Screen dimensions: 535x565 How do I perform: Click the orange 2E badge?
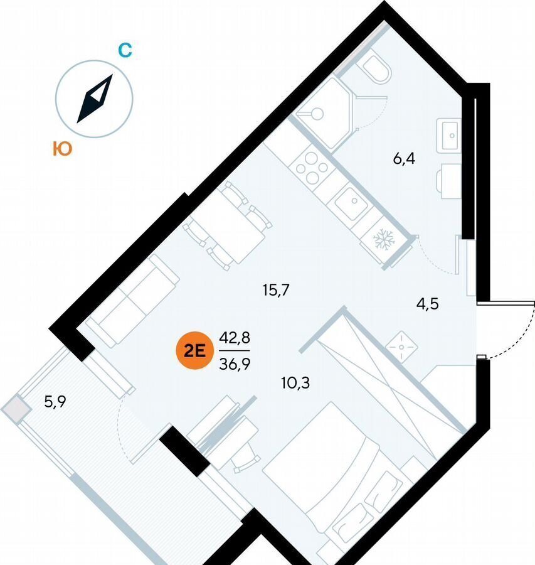(195, 350)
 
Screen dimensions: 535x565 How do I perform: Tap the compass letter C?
(125, 50)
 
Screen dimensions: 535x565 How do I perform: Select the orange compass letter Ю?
(62, 148)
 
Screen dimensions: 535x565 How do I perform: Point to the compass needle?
(95, 99)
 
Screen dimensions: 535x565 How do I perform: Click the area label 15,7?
(276, 289)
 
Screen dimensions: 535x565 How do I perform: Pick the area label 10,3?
(295, 383)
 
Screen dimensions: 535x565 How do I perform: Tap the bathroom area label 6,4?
(404, 158)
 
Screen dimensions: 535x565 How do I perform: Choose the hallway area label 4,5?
(428, 304)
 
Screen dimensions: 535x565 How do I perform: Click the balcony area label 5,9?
(55, 401)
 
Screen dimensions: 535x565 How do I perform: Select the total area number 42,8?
(235, 338)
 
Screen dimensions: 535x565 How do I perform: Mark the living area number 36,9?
(235, 364)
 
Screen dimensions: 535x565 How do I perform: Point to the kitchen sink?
(351, 203)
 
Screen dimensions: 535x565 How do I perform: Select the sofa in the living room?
(132, 301)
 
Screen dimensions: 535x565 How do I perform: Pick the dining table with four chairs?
(228, 226)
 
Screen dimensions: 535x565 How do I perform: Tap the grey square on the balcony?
(16, 409)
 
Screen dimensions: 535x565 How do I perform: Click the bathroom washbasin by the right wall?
(448, 135)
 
